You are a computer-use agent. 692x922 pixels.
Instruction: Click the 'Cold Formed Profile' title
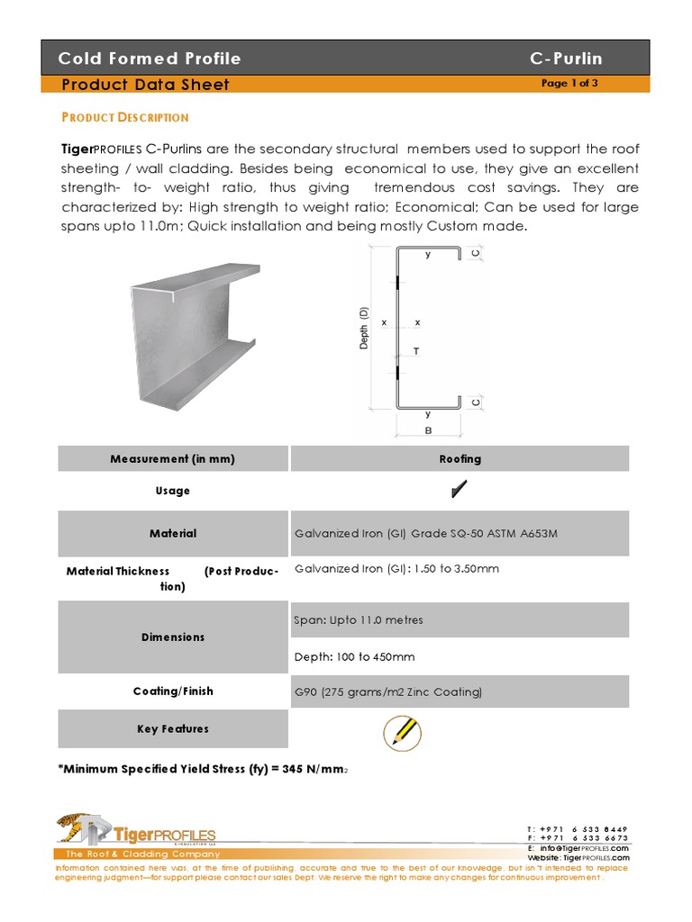point(150,59)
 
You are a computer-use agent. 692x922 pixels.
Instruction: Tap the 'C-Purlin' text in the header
point(566,59)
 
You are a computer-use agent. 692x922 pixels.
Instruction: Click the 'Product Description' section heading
point(124,117)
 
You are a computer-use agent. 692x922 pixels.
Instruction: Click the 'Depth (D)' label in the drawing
point(365,328)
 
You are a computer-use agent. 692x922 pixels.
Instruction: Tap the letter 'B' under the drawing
point(428,431)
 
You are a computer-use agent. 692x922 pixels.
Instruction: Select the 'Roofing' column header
point(460,458)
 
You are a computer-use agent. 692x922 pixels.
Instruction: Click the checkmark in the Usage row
point(460,490)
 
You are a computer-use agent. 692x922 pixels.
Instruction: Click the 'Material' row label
point(173,533)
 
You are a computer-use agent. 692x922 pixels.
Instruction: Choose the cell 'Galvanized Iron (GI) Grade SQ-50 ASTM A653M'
point(426,533)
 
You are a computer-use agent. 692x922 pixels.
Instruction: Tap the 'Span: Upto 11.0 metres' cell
point(359,619)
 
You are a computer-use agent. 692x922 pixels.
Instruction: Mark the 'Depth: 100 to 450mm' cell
point(354,656)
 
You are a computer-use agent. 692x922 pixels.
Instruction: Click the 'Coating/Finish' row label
point(173,691)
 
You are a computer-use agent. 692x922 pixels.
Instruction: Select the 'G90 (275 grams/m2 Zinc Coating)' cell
point(388,691)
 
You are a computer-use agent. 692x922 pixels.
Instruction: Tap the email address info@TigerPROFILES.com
point(584,848)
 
